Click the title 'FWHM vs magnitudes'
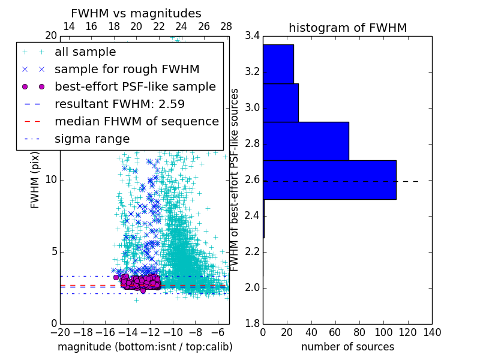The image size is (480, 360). (136, 13)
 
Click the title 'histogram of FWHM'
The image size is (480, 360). (347, 28)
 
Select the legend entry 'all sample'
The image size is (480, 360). (85, 52)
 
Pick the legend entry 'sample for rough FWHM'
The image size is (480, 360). (127, 70)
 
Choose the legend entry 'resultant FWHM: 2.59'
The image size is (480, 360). (118, 104)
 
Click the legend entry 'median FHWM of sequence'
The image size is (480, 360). (136, 121)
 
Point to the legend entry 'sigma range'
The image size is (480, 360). (92, 139)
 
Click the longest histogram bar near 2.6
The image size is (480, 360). (329, 179)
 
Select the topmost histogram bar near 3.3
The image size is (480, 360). (278, 64)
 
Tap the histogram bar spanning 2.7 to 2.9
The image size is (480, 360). (306, 141)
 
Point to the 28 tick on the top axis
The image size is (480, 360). (226, 26)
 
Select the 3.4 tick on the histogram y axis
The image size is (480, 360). (251, 36)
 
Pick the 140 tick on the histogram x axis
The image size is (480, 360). (432, 332)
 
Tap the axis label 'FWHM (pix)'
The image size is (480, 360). (35, 179)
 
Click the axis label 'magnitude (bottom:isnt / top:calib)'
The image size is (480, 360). (145, 347)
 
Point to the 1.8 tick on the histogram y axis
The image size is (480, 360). (251, 324)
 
